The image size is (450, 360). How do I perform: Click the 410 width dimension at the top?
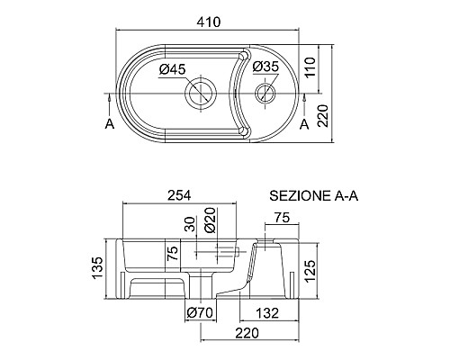(209, 22)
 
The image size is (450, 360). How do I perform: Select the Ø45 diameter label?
(173, 69)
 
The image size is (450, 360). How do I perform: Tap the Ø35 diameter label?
(265, 67)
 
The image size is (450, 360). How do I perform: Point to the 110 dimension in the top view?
(310, 67)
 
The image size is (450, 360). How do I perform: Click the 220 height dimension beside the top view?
(323, 116)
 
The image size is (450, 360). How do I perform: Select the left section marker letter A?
(110, 123)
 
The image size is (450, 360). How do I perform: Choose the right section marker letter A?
(304, 123)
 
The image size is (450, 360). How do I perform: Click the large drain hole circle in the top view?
(201, 77)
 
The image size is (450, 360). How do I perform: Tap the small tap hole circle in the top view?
(265, 82)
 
